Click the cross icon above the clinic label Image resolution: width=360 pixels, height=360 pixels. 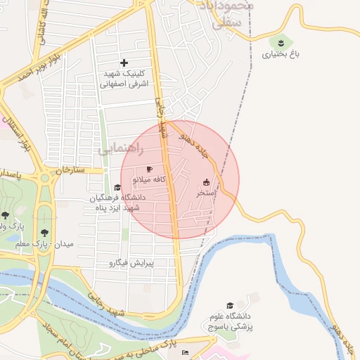tap(125, 63)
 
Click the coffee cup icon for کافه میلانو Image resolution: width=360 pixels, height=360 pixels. tap(149, 169)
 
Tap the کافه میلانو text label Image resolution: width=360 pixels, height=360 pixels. tap(149, 180)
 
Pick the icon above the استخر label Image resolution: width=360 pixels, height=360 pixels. tap(206, 181)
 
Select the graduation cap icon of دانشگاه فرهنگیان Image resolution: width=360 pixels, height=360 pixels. tap(117, 187)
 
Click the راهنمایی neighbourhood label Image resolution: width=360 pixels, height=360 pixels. tap(123, 149)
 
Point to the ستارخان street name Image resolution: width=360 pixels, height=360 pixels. tap(70, 170)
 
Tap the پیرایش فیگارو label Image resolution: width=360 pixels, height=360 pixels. tap(141, 264)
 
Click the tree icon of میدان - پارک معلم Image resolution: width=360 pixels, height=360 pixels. tap(46, 232)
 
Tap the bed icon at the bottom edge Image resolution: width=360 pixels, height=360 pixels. tap(185, 352)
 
